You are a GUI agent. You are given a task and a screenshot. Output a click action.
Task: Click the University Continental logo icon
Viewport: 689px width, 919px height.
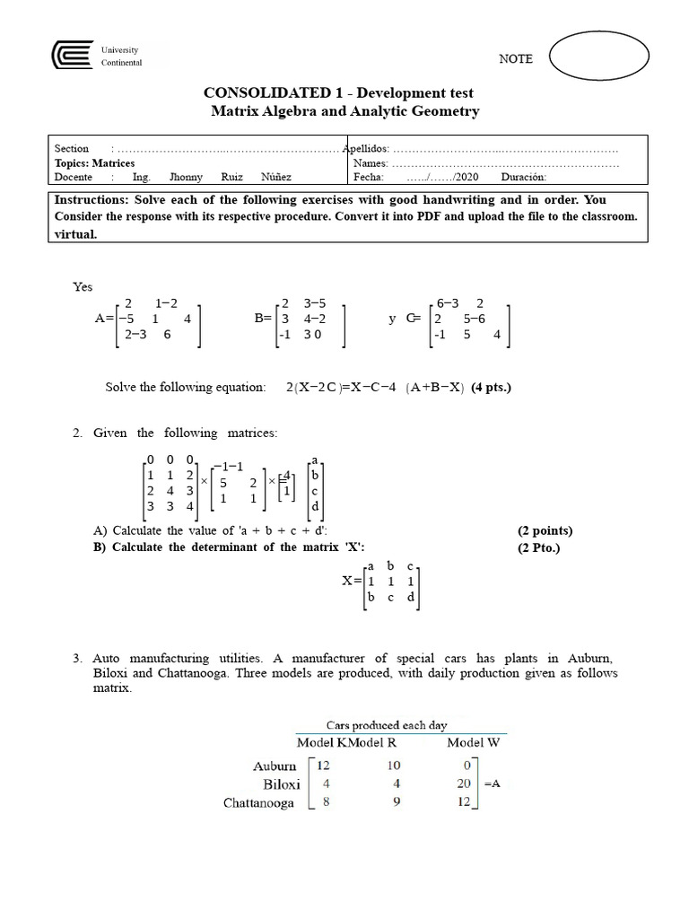tap(73, 56)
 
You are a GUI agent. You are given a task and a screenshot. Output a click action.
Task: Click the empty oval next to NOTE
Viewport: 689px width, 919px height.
tap(599, 57)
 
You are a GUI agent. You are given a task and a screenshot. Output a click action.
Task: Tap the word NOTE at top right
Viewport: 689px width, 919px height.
tap(515, 59)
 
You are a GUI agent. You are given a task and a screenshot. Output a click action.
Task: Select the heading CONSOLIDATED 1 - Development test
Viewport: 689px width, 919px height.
tap(339, 92)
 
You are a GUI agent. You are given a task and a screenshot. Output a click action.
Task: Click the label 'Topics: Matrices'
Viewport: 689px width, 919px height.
tap(95, 163)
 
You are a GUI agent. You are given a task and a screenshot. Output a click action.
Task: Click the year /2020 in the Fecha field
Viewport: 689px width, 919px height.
tap(467, 178)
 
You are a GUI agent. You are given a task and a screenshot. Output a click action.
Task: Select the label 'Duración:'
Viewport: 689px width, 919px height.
tap(525, 178)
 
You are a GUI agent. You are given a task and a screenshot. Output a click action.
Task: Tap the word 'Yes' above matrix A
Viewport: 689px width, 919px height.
tap(83, 287)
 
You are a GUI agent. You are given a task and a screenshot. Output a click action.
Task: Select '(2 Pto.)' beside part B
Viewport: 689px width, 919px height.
tap(538, 547)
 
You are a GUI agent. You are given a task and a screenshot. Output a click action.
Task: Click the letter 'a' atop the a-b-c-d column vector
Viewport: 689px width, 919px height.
tap(314, 460)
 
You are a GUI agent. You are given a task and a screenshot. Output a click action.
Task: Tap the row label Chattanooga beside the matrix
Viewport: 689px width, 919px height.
tap(258, 803)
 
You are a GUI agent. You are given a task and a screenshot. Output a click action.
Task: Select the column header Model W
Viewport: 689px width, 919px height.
tap(474, 742)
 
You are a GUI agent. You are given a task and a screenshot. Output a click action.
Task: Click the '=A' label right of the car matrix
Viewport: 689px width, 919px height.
tap(493, 783)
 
